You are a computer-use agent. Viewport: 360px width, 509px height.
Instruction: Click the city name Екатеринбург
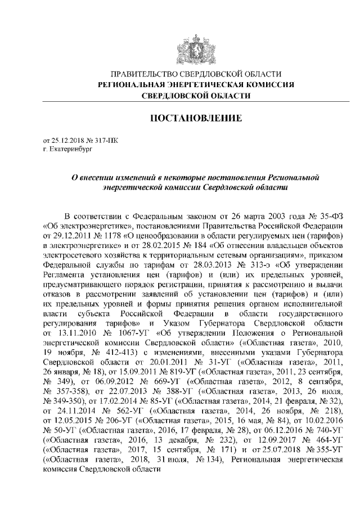pos(70,150)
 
